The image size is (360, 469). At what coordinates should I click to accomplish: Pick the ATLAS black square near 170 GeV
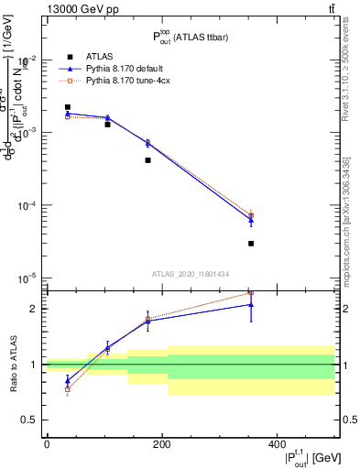[147, 159]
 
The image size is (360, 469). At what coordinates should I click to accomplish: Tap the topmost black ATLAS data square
[67, 107]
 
